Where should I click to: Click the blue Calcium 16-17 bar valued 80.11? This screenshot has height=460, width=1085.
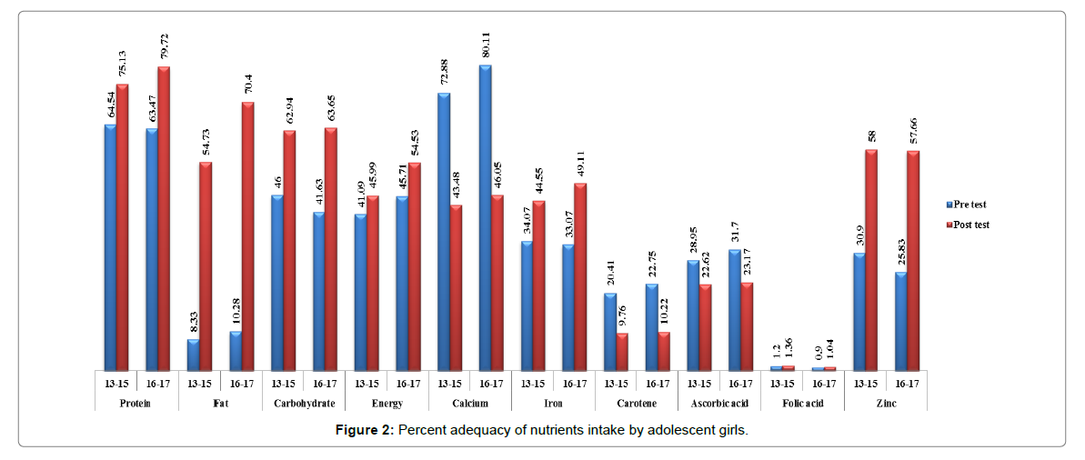click(x=485, y=218)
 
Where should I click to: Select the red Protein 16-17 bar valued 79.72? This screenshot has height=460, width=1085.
click(x=164, y=218)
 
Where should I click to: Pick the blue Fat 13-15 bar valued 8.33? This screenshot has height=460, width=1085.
click(x=193, y=355)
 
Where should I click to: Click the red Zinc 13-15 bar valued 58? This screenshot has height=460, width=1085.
click(x=871, y=260)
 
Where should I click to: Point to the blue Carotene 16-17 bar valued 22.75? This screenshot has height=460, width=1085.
click(x=651, y=327)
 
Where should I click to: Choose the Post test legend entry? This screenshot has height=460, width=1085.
click(x=973, y=225)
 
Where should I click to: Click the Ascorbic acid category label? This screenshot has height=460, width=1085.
click(x=719, y=403)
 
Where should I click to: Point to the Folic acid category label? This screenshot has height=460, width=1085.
click(x=803, y=403)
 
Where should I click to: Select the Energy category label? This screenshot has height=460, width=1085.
click(x=386, y=403)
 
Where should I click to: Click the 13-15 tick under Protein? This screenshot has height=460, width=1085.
click(x=116, y=383)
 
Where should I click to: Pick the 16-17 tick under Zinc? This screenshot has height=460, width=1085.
click(x=907, y=383)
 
